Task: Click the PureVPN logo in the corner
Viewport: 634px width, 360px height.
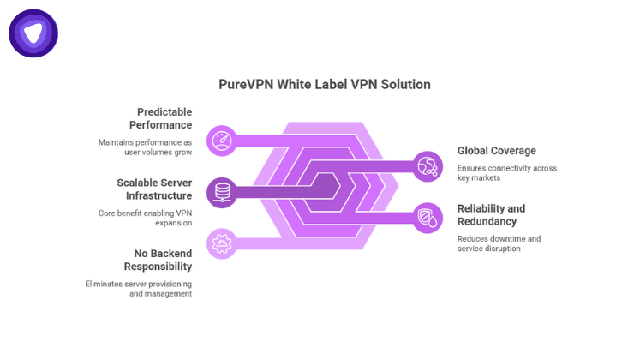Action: tap(33, 33)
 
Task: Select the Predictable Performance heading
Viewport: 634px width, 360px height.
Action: tap(164, 118)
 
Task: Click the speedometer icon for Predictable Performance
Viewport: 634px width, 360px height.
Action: tap(222, 140)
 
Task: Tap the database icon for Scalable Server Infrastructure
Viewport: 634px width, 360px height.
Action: tap(222, 191)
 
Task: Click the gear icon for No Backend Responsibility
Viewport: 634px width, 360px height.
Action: tap(222, 243)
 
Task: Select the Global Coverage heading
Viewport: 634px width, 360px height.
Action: tap(497, 151)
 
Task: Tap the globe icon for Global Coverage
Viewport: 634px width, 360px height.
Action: tap(427, 165)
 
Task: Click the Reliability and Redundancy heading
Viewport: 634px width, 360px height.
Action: tap(492, 214)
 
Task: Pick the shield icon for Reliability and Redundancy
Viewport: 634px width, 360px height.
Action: tap(427, 217)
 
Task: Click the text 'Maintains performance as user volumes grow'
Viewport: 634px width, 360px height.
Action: tap(145, 147)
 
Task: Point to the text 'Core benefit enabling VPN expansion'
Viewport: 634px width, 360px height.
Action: tap(145, 218)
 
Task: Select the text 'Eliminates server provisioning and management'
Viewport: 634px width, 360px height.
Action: tap(139, 288)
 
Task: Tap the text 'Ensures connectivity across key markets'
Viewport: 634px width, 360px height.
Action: tap(507, 172)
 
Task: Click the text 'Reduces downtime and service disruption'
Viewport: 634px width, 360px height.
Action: tap(499, 243)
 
